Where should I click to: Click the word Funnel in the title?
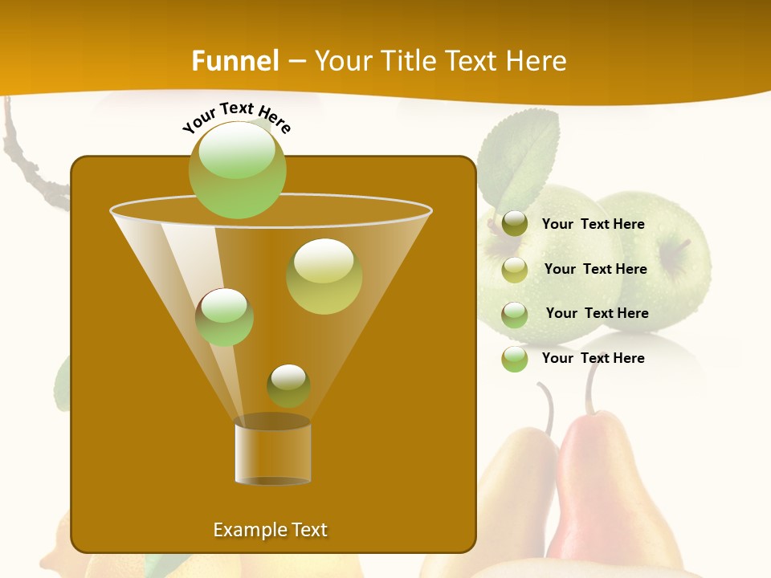[x=235, y=61]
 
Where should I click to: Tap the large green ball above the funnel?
[x=237, y=169]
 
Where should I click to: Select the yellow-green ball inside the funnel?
[x=324, y=275]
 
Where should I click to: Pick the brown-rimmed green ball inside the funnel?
[x=224, y=316]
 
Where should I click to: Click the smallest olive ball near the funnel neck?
[x=288, y=385]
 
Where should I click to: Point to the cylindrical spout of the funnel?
[x=272, y=453]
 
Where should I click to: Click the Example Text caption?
[x=270, y=530]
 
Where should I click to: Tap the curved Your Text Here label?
[x=236, y=116]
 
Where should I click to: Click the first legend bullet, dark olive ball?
[x=514, y=224]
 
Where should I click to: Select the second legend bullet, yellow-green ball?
[x=514, y=270]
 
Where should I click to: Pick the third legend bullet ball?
[x=514, y=314]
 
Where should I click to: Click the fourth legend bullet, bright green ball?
[x=514, y=359]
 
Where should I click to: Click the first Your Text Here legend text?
[x=593, y=225]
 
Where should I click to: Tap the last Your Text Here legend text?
[x=593, y=358]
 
